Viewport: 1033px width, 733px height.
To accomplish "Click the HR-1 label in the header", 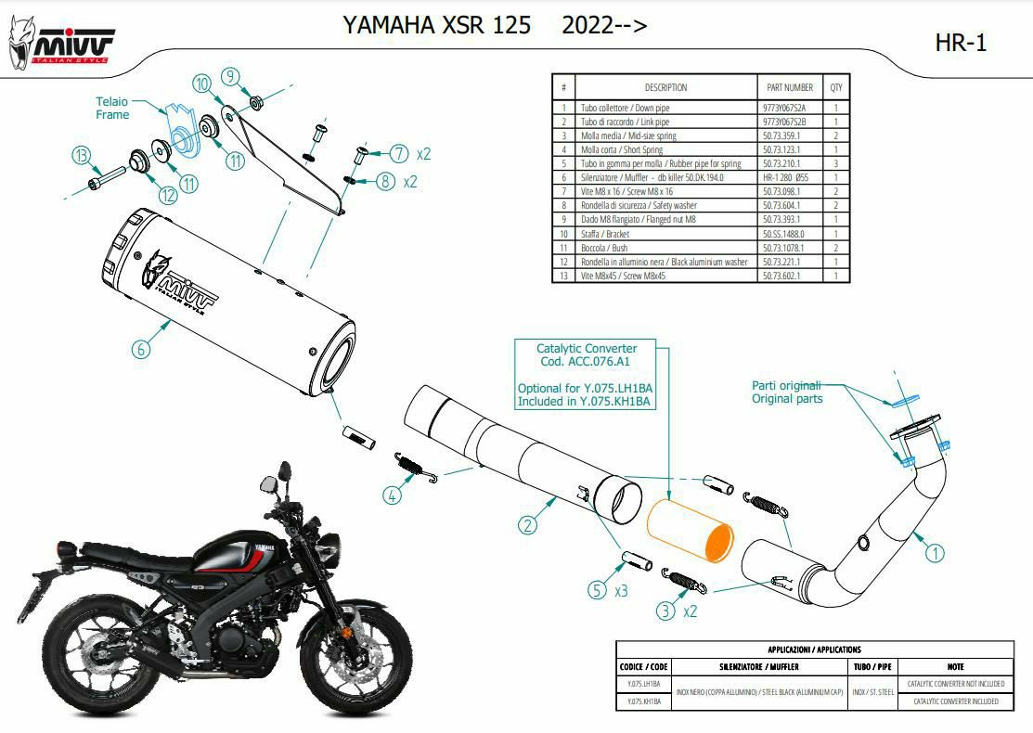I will coord(962,42).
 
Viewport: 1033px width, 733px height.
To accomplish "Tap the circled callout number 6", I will coord(140,349).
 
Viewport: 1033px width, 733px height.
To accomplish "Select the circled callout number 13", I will coord(83,155).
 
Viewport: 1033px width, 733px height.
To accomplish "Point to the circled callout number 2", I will coord(527,525).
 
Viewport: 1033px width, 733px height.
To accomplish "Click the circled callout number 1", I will coord(936,553).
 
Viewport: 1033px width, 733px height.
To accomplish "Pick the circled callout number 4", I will coord(394,495).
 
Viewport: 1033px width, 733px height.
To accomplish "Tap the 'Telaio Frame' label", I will coord(112,108).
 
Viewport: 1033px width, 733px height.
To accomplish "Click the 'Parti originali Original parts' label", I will coord(786,392).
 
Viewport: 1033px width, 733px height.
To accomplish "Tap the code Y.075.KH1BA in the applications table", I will coord(641,701).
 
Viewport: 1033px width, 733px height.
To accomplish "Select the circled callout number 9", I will coord(231,77).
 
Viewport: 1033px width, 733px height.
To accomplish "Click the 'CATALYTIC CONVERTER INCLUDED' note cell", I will coord(956,701).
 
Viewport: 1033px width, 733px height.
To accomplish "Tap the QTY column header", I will coord(836,87).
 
